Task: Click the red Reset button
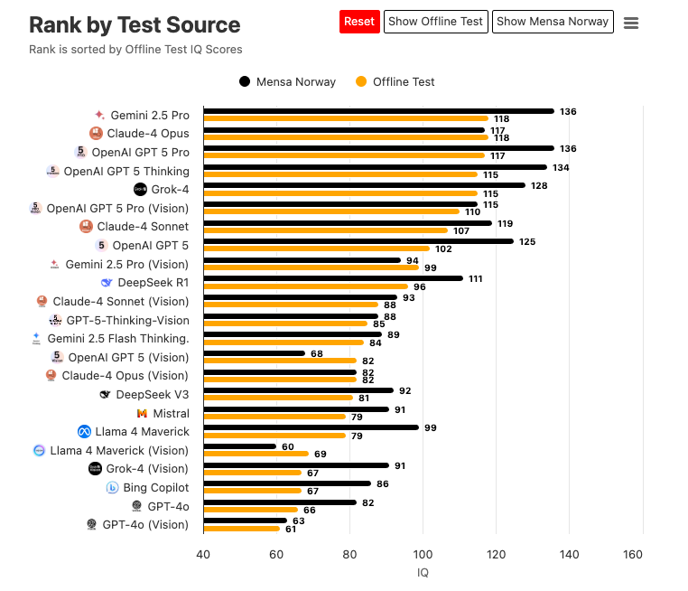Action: tap(359, 22)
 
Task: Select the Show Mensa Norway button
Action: tap(553, 22)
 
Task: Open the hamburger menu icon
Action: tap(631, 23)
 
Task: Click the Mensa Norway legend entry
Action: tap(287, 81)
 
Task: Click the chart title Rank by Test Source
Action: tap(135, 24)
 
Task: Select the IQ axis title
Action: tap(423, 572)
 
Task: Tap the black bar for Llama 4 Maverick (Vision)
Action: tap(239, 446)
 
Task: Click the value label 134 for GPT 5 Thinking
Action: tap(561, 167)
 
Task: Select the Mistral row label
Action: tap(171, 413)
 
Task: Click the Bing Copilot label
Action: tap(156, 487)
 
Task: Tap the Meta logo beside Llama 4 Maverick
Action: tap(85, 432)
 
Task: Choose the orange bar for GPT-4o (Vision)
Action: tap(242, 528)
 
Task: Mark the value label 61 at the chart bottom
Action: tap(291, 529)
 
